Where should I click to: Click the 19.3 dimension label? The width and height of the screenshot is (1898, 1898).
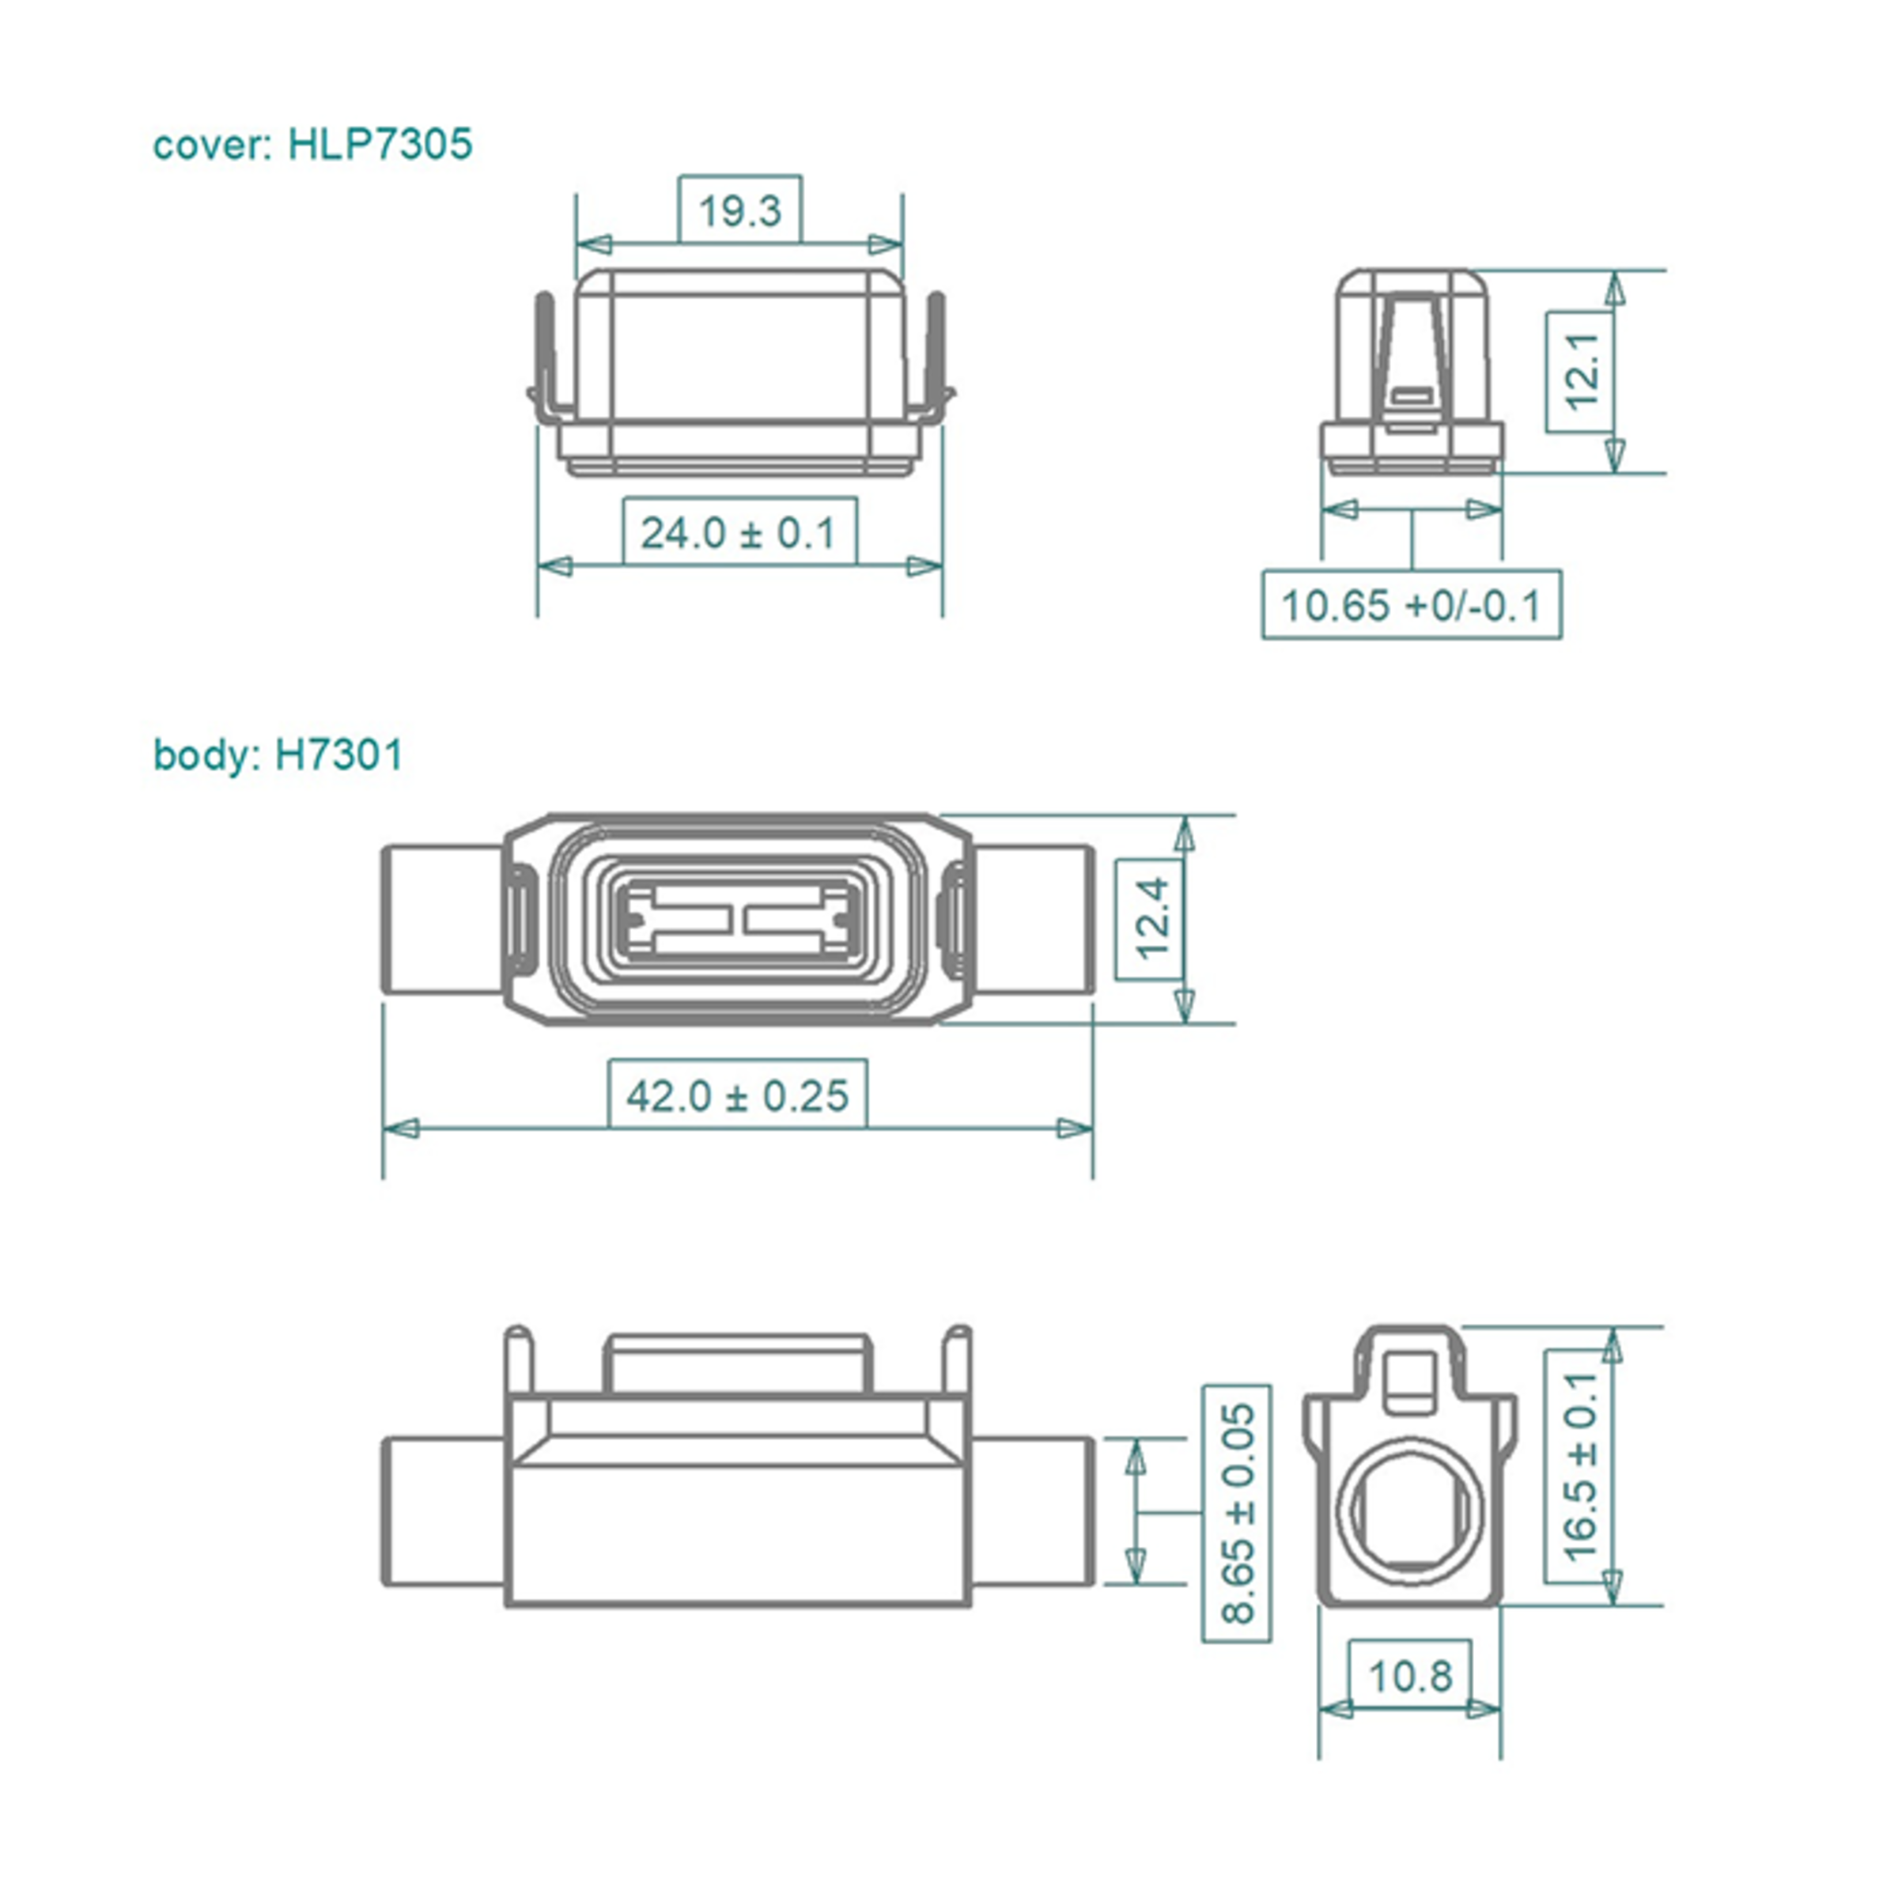pyautogui.click(x=739, y=210)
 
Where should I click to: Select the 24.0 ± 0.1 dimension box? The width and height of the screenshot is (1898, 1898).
pyautogui.click(x=739, y=531)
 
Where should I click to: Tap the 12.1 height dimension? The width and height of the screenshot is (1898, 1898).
pyautogui.click(x=1581, y=372)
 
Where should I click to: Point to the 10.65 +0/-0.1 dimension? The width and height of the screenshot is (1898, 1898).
pyautogui.click(x=1412, y=604)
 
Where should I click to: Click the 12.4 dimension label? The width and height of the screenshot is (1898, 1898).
pyautogui.click(x=1151, y=918)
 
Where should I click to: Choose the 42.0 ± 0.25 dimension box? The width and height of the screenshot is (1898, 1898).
pyautogui.click(x=737, y=1095)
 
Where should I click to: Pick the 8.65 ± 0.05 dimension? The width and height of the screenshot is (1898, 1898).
pyautogui.click(x=1237, y=1513)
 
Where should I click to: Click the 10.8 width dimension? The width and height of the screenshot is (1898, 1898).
pyautogui.click(x=1410, y=1675)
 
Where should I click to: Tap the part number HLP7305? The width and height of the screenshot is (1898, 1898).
pyautogui.click(x=380, y=145)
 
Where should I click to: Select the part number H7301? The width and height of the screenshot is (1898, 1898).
pyautogui.click(x=339, y=755)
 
